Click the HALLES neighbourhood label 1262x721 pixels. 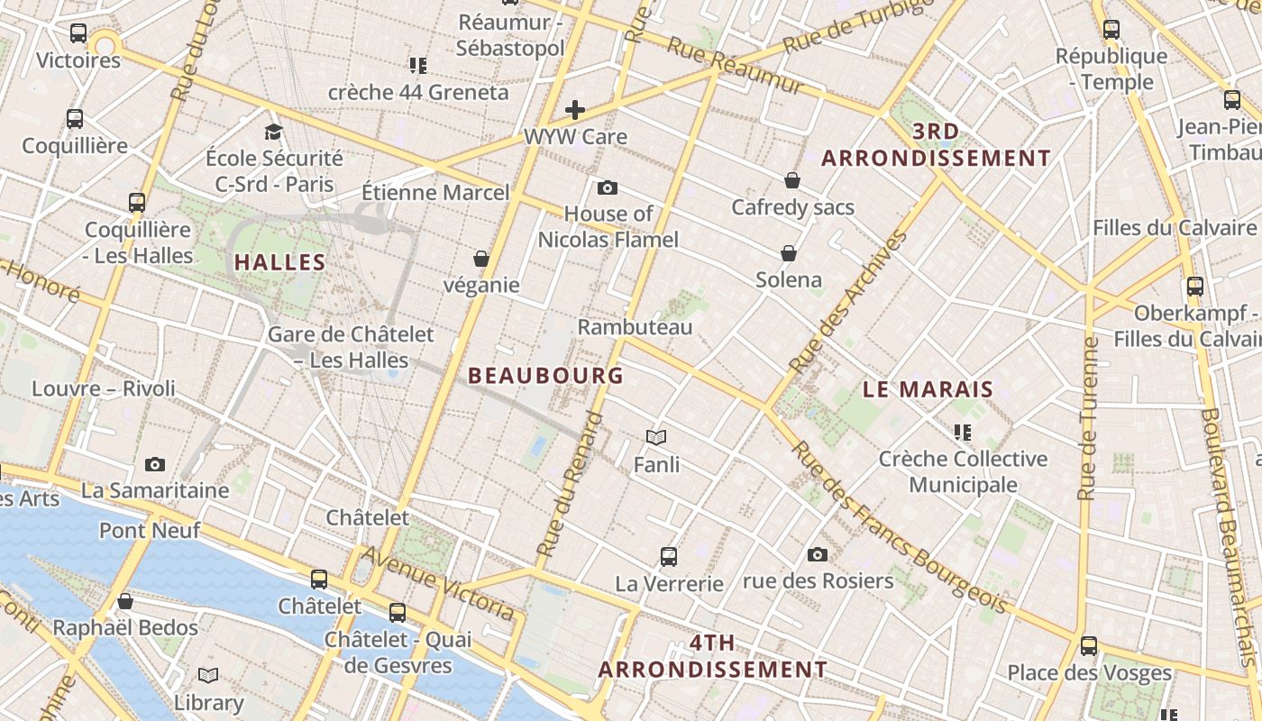(x=279, y=263)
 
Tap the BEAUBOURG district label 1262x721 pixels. (x=545, y=376)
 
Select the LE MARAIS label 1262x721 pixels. (x=928, y=390)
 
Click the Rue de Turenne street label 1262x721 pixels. (x=1089, y=418)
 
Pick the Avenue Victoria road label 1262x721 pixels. (x=441, y=583)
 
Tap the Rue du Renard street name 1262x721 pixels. (x=569, y=484)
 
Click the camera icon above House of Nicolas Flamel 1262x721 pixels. (x=608, y=187)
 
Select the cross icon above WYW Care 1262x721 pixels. (x=575, y=110)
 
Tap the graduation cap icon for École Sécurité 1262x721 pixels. (x=273, y=132)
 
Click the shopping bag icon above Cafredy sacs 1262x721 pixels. (x=792, y=181)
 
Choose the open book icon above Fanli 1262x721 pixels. (x=656, y=438)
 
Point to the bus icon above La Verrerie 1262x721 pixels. (x=668, y=556)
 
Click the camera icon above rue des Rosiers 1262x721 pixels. (x=818, y=554)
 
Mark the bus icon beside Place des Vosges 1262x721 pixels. (x=1089, y=645)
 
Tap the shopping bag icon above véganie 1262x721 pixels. (x=481, y=259)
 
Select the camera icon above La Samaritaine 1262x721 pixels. (x=155, y=465)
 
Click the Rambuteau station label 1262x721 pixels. (x=635, y=327)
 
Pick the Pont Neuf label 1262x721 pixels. (x=150, y=531)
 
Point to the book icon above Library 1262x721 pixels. (x=208, y=676)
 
